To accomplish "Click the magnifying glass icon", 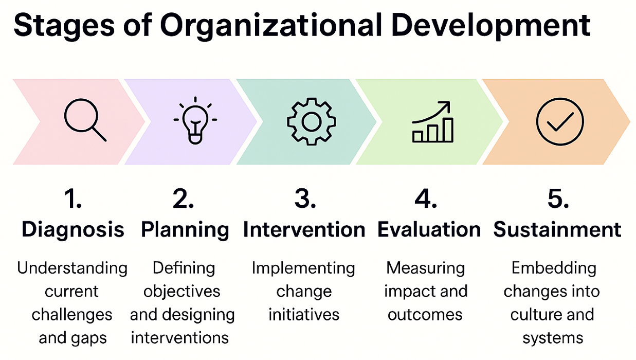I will [x=84, y=121].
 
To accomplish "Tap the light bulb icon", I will [x=195, y=121].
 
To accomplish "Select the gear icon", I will [x=311, y=122].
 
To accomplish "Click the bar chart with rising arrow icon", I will [x=433, y=121].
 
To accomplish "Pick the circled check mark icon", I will [x=560, y=121].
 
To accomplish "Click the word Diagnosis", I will [x=73, y=229].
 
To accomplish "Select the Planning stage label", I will [x=185, y=229].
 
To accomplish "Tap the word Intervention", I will [x=304, y=229].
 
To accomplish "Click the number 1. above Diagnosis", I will [x=73, y=200].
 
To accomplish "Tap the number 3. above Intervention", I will [x=305, y=200].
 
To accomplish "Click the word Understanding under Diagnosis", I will [x=72, y=268].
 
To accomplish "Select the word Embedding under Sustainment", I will [x=554, y=268].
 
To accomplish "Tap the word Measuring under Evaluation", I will [x=426, y=268].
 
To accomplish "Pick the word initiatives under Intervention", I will [x=304, y=314].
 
